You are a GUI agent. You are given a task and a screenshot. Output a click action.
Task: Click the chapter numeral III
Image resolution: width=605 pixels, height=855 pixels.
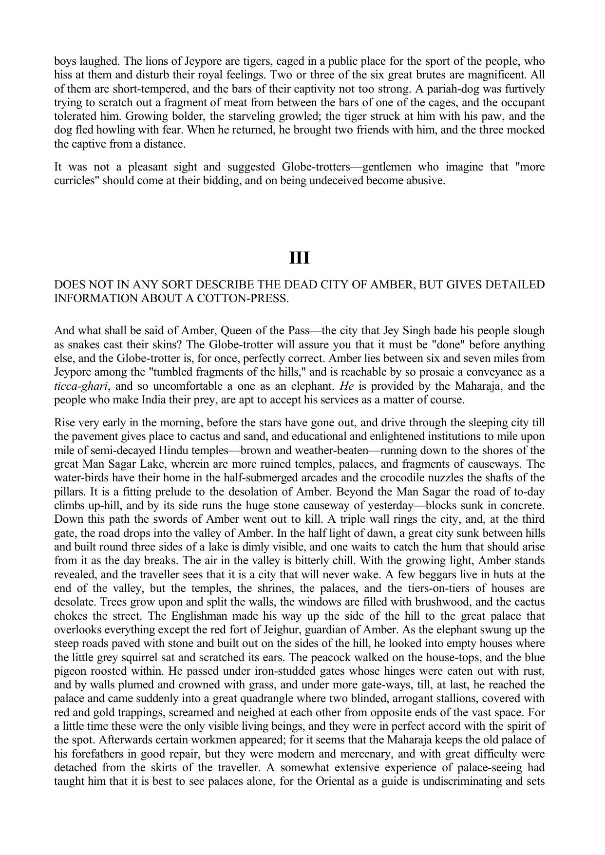tap(299, 258)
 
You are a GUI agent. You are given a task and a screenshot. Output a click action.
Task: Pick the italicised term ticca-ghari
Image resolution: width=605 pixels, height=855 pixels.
tap(80, 386)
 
